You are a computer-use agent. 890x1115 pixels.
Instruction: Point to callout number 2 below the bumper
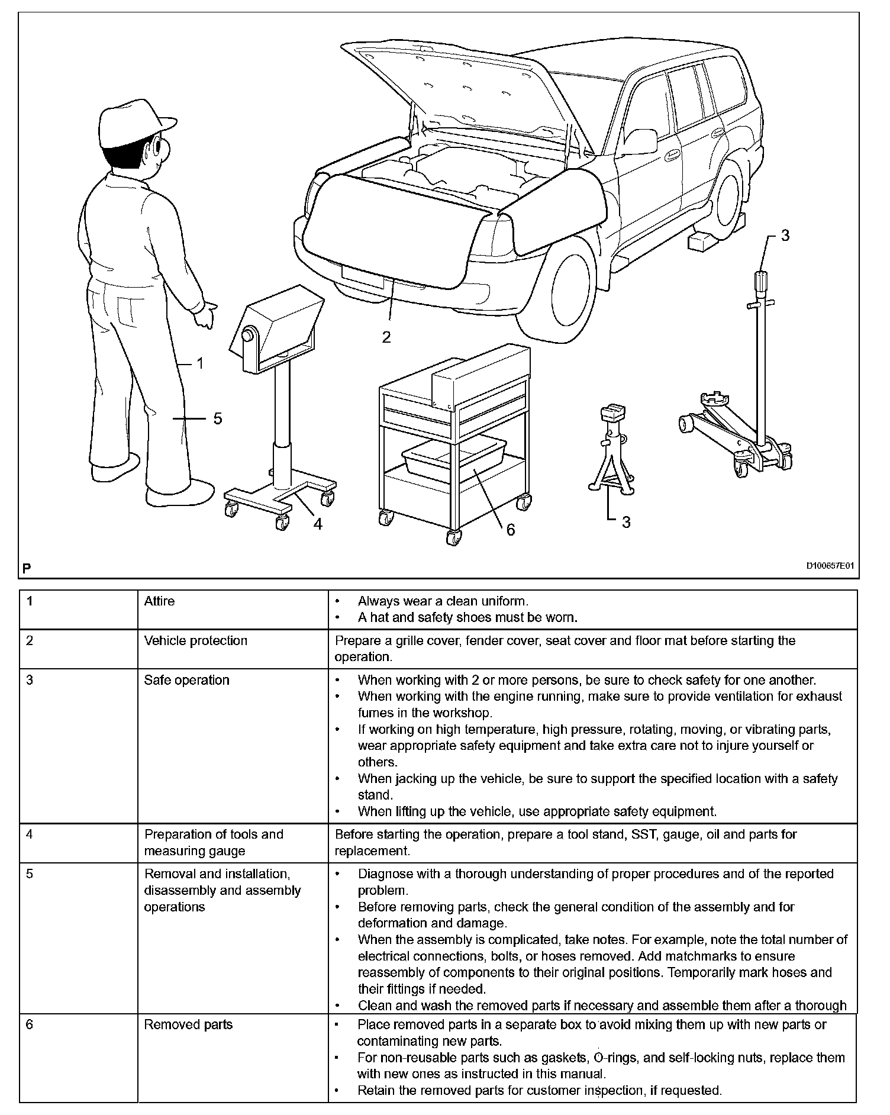386,337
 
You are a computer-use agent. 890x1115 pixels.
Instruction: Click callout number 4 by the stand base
318,524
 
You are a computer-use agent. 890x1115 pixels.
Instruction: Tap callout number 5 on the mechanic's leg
217,418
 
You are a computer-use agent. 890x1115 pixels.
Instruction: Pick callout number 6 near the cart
510,530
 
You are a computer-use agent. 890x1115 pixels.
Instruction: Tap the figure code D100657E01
830,566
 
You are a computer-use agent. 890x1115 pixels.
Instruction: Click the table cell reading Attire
159,601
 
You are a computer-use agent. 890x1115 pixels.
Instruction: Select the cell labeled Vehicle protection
195,641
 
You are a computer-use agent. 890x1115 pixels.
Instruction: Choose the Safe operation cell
186,681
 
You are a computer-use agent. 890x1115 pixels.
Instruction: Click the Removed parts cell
188,1024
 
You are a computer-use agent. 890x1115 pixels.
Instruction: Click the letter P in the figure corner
26,568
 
